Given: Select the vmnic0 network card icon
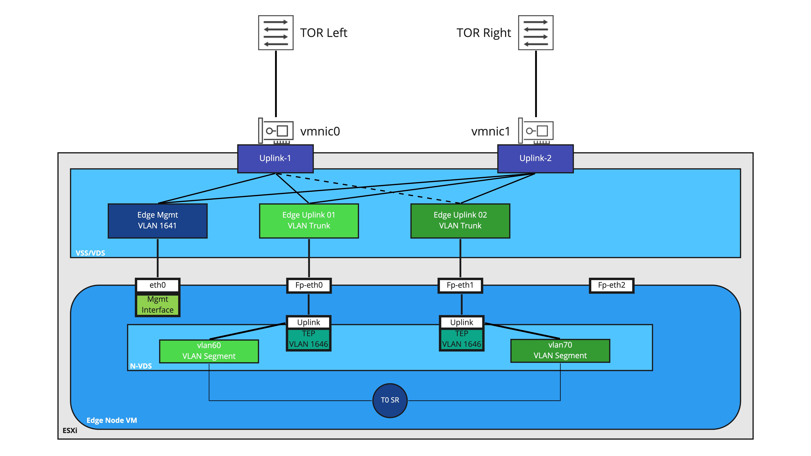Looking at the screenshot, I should point(276,131).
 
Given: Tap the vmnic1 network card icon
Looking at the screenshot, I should point(536,131).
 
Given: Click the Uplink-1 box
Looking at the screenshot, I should point(275,158).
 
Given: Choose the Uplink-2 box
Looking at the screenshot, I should point(535,158).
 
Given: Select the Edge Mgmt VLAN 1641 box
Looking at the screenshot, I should point(157,220).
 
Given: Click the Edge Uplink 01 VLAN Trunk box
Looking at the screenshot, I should point(308,220).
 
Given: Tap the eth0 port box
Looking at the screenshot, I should point(157,285).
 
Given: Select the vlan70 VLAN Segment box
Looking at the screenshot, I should point(560,350).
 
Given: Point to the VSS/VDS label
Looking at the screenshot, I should point(90,253).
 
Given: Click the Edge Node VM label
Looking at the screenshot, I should point(112,420).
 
